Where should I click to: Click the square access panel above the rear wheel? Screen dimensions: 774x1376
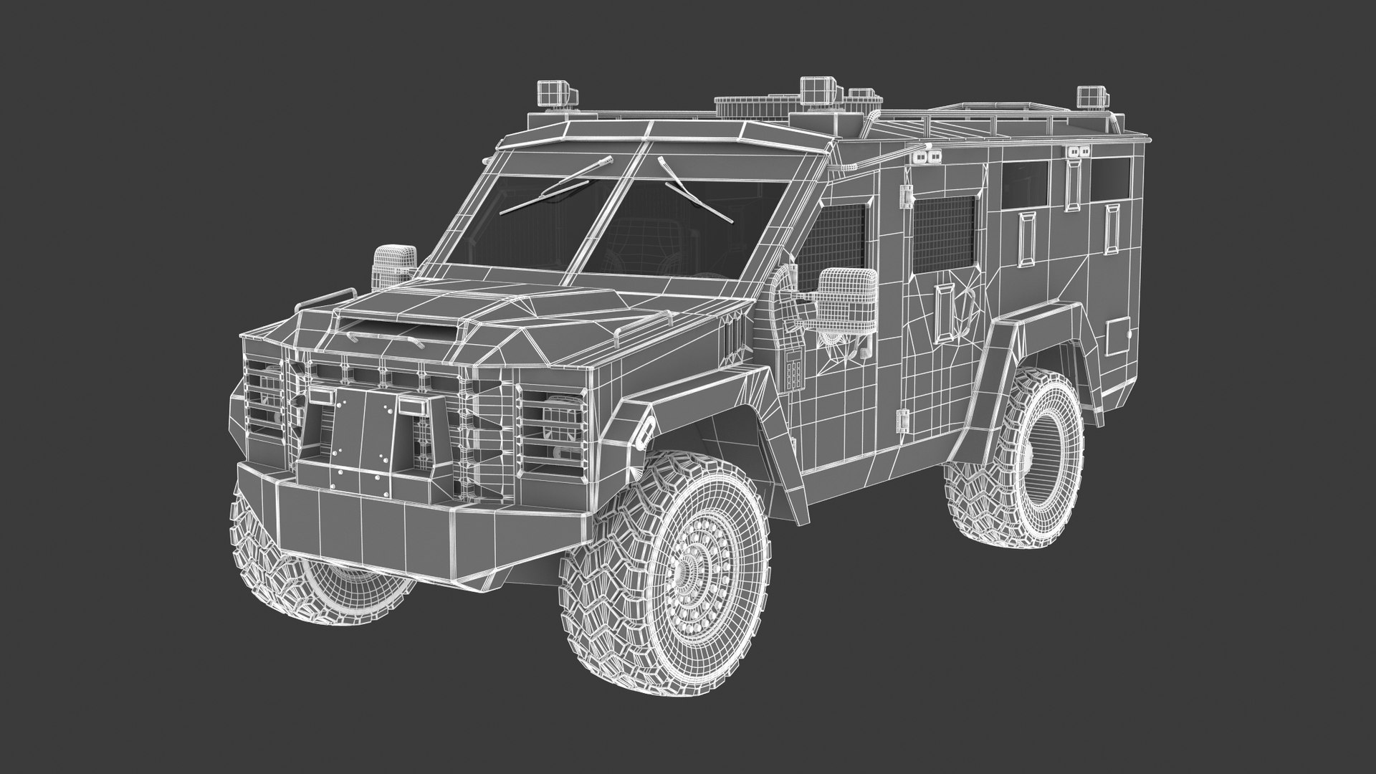1117,336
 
